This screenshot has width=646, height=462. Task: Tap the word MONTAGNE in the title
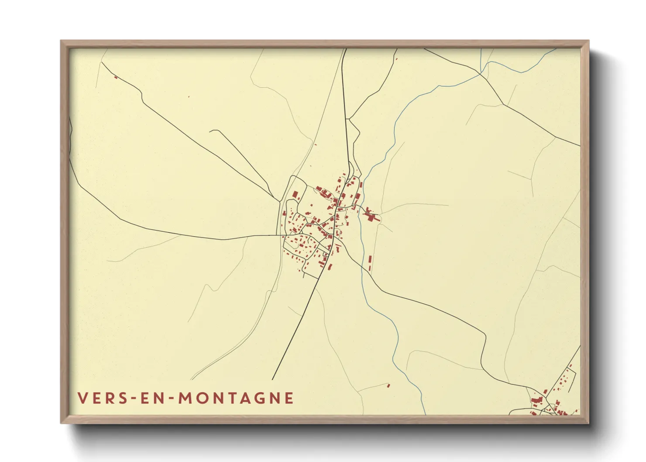(237, 398)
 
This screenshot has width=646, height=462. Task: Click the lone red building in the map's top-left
(116, 78)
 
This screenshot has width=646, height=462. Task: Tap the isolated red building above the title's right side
(388, 385)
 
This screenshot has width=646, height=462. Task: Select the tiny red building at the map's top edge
(396, 59)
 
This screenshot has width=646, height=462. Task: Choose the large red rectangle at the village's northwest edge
(295, 195)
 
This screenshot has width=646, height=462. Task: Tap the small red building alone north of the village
(315, 145)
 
